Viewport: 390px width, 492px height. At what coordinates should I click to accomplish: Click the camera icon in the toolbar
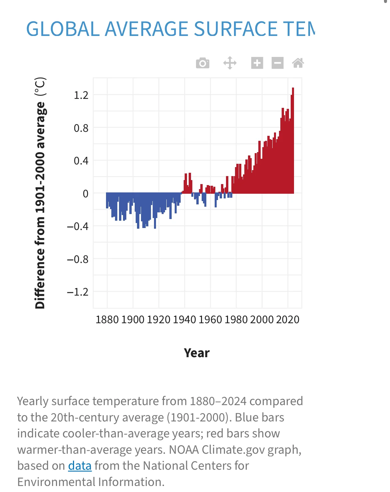coord(203,63)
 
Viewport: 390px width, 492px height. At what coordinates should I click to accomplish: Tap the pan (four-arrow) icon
coord(230,63)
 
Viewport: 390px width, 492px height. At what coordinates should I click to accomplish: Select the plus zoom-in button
coord(257,63)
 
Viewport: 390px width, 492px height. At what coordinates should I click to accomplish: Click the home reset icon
coord(298,63)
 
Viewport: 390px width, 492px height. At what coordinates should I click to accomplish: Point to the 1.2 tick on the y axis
coord(81,95)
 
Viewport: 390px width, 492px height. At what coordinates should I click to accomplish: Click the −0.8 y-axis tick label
coord(78,259)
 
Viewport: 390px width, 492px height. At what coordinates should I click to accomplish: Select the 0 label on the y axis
coord(86,194)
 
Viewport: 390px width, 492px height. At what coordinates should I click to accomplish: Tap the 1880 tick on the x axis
coord(107,320)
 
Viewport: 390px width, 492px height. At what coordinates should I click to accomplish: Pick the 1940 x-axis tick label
coord(184,320)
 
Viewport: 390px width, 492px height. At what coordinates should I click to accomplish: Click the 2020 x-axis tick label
coord(288,320)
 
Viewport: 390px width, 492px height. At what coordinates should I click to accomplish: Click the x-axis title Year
coord(197,353)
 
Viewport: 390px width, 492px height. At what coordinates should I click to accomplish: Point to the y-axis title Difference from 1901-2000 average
coord(40,193)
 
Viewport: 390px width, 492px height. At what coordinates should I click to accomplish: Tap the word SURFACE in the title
coord(235,29)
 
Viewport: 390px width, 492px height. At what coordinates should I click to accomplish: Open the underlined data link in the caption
coord(80,466)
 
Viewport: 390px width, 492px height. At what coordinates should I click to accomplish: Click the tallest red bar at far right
coord(293,140)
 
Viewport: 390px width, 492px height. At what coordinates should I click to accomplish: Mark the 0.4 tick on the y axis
coord(81,161)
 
